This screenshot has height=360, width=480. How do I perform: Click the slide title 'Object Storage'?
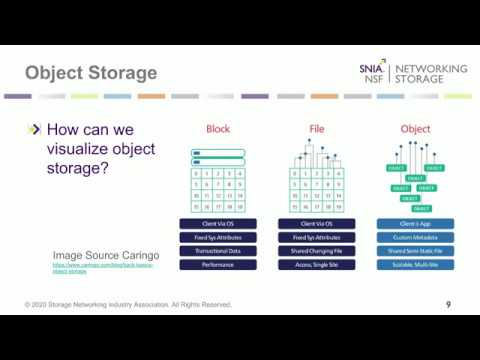91,73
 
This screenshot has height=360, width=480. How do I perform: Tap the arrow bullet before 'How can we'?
35,129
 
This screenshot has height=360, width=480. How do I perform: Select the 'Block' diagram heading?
217,129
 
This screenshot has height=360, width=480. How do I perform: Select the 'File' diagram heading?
316,129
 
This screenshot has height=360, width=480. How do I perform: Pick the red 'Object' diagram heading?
415,129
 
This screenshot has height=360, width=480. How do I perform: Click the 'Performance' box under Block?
217,265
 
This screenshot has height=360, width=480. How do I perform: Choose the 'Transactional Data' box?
217,251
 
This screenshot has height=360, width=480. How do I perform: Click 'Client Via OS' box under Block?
217,223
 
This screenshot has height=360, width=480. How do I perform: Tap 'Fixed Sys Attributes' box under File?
316,237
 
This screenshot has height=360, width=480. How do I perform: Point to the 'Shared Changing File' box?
316,251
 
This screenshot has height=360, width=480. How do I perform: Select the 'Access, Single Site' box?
316,265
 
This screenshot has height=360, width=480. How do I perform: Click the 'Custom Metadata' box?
415,237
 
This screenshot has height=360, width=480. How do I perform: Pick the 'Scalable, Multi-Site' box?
415,265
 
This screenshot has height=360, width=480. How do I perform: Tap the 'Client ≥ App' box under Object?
415,223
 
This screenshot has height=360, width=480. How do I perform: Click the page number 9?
448,304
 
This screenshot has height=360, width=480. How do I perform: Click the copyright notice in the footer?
128,304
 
